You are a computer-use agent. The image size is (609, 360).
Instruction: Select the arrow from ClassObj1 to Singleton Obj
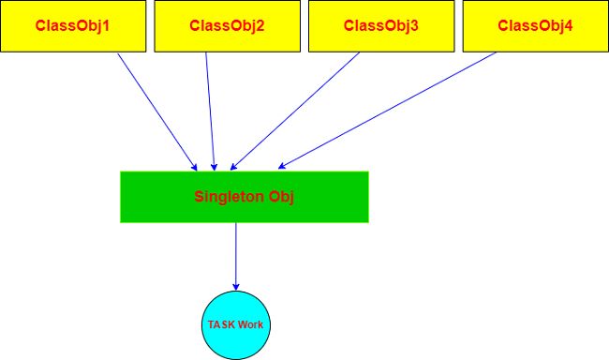pyautogui.click(x=156, y=109)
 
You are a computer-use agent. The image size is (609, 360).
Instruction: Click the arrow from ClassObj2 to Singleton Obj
pyautogui.click(x=211, y=109)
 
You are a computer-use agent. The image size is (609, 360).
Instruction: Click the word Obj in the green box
pyautogui.click(x=281, y=197)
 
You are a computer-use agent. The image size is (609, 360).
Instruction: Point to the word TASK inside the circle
pyautogui.click(x=221, y=324)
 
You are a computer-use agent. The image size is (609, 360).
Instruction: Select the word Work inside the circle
pyautogui.click(x=250, y=324)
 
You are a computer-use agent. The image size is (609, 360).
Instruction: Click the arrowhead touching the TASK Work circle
pyautogui.click(x=235, y=286)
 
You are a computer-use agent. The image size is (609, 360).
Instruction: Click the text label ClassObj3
pyautogui.click(x=380, y=25)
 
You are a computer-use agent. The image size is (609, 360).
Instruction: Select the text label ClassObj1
pyautogui.click(x=73, y=25)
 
